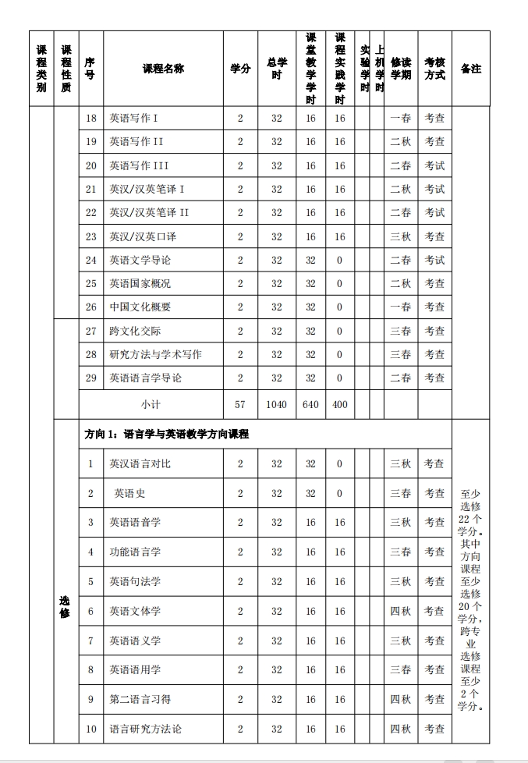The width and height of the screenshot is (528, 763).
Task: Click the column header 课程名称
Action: [x=163, y=69]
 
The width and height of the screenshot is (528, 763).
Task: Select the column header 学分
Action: [x=240, y=69]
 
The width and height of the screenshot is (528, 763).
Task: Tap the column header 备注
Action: [x=470, y=69]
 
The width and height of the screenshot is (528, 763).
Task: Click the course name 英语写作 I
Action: [x=134, y=118]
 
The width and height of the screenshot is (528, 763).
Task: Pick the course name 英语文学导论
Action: [x=140, y=260]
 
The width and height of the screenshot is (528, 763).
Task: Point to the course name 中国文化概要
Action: [x=140, y=307]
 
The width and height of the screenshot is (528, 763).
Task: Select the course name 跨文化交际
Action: [x=135, y=331]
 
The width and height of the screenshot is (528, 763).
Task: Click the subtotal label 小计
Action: [x=151, y=404]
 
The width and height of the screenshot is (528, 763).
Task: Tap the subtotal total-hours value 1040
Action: [x=277, y=404]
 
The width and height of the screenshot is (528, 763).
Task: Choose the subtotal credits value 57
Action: [x=240, y=404]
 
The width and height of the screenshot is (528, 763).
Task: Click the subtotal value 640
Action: [x=310, y=404]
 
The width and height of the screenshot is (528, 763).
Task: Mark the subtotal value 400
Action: [x=339, y=404]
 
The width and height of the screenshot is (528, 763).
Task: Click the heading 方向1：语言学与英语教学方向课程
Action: [x=167, y=434]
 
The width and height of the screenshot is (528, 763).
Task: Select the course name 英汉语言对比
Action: [x=140, y=463]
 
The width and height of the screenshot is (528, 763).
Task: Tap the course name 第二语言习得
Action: [x=140, y=699]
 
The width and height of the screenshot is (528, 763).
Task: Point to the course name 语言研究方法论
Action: [x=145, y=729]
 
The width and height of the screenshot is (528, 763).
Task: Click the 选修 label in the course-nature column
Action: [x=66, y=606]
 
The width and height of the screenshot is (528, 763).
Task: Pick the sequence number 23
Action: [x=91, y=236]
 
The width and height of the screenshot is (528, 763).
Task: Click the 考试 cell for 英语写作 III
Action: [x=434, y=165]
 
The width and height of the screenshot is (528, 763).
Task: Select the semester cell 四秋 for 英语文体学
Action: [x=400, y=611]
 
